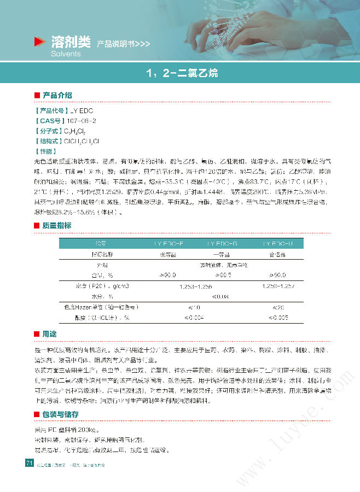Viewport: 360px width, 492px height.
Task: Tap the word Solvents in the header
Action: [x=66, y=54]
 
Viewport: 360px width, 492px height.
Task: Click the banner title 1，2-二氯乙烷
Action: [x=180, y=73]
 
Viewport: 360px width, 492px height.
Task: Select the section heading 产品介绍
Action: [x=57, y=95]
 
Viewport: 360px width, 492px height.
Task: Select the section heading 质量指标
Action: [x=57, y=225]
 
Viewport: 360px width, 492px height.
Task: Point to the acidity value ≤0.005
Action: [x=278, y=317]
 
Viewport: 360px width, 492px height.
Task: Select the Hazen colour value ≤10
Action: [x=194, y=307]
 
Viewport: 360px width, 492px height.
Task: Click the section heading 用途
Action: [x=49, y=334]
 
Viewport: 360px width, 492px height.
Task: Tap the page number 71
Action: [x=30, y=464]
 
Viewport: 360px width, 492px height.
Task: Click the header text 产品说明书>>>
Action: [x=124, y=44]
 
